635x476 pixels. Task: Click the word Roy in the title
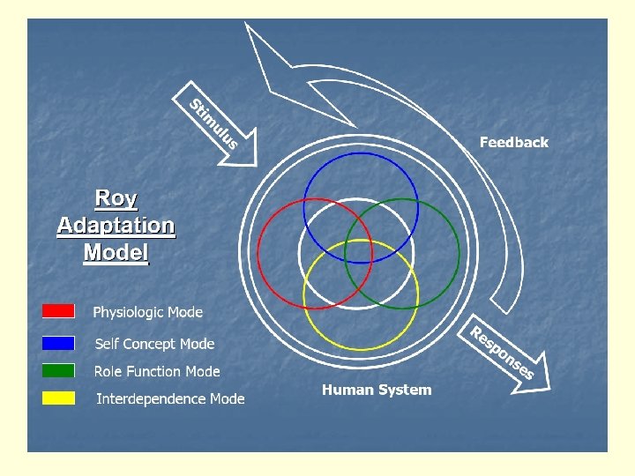tap(116, 198)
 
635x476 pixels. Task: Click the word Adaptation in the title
tap(116, 226)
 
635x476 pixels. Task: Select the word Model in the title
tap(116, 253)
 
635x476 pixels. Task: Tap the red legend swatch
tap(58, 311)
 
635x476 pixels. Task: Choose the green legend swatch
tap(58, 370)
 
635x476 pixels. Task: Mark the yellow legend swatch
tap(58, 398)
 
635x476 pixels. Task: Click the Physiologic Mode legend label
tap(147, 312)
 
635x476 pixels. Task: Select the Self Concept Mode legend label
tap(154, 344)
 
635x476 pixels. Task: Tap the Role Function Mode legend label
tap(157, 371)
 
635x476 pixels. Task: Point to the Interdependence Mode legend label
tap(170, 398)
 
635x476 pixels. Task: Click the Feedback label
tap(513, 142)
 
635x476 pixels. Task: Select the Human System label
tap(377, 390)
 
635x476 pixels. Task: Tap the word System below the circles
tap(407, 390)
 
